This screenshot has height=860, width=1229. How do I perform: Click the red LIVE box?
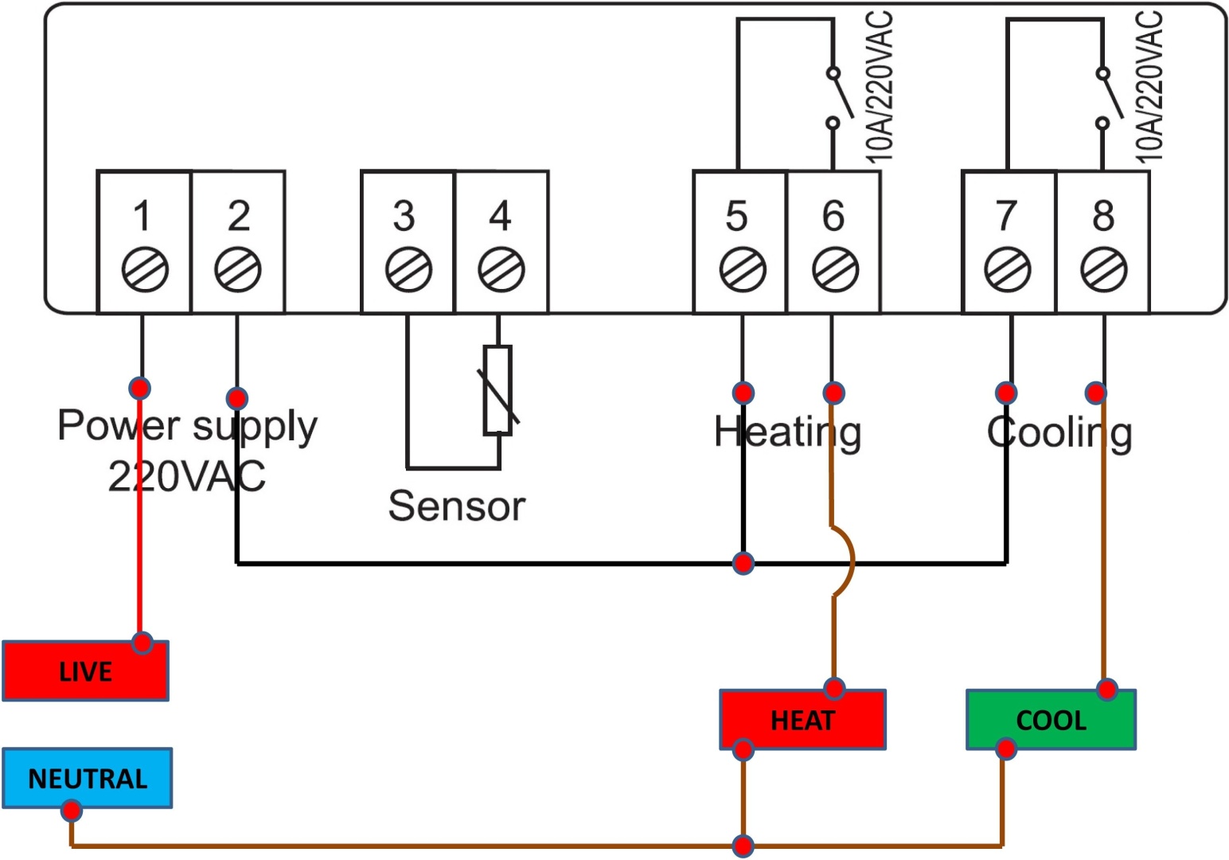tap(86, 670)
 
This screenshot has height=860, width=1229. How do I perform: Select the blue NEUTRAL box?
tap(88, 778)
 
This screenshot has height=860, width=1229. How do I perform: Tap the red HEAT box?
tap(802, 720)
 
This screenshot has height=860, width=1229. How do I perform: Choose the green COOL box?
tap(1051, 720)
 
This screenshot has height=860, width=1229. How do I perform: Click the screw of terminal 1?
tap(145, 270)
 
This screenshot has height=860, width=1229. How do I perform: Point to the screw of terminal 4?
tap(501, 270)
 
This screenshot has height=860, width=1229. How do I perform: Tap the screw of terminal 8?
tap(1104, 270)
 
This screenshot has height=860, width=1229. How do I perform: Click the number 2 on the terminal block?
tap(239, 216)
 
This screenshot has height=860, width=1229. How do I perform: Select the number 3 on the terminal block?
tap(404, 216)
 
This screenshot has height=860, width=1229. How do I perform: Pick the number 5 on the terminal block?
tap(736, 216)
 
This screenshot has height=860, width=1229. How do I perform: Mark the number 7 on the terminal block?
tap(1005, 216)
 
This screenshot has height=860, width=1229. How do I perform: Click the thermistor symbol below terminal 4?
tap(498, 390)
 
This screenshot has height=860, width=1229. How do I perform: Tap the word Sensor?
tap(456, 506)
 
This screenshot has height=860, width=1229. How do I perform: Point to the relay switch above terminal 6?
tap(840, 98)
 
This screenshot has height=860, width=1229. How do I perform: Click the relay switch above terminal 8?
tap(1109, 98)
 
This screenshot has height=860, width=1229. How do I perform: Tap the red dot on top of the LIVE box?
tap(142, 643)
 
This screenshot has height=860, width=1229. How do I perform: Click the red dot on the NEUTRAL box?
tap(72, 810)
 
